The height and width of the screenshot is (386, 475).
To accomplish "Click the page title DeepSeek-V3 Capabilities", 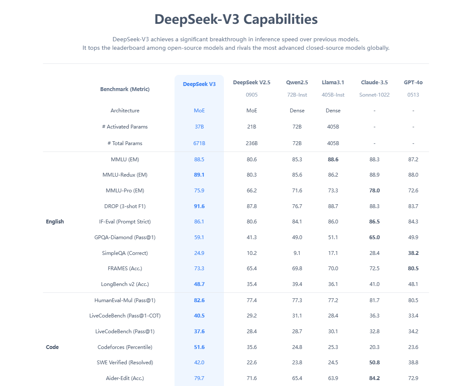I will click(x=236, y=20).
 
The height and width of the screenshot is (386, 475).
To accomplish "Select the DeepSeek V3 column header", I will click(x=199, y=84).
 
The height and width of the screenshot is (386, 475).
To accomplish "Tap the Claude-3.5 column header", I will click(x=374, y=83).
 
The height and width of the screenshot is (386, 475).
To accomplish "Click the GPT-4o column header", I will click(x=413, y=83).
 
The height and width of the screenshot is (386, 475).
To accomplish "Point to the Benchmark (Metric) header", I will click(x=125, y=89).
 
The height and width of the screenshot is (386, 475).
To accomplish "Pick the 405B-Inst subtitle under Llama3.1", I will click(x=333, y=95).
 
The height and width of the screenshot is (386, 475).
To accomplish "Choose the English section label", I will click(x=55, y=222).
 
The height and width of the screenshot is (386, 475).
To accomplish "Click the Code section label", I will click(x=52, y=347).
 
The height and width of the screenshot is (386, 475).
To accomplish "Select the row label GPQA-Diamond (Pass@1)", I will click(x=125, y=237).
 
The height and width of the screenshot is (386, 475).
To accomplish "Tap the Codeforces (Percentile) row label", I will click(x=125, y=347).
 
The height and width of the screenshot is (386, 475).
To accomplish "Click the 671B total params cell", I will click(x=199, y=143).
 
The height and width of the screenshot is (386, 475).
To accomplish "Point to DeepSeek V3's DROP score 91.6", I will click(x=199, y=206).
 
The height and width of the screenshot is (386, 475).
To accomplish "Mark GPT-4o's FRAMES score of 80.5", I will click(x=413, y=269).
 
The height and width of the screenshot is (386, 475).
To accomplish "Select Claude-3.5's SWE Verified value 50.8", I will click(x=375, y=363).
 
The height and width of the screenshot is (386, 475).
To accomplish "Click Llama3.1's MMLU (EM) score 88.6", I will click(x=333, y=160).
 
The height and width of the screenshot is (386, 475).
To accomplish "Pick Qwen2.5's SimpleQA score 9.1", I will click(x=297, y=253).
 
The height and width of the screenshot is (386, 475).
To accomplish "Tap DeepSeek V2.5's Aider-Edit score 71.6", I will click(x=252, y=378).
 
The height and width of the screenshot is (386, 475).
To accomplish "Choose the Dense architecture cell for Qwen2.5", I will click(x=297, y=111).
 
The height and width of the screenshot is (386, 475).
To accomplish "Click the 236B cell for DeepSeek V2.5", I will click(x=252, y=143).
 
